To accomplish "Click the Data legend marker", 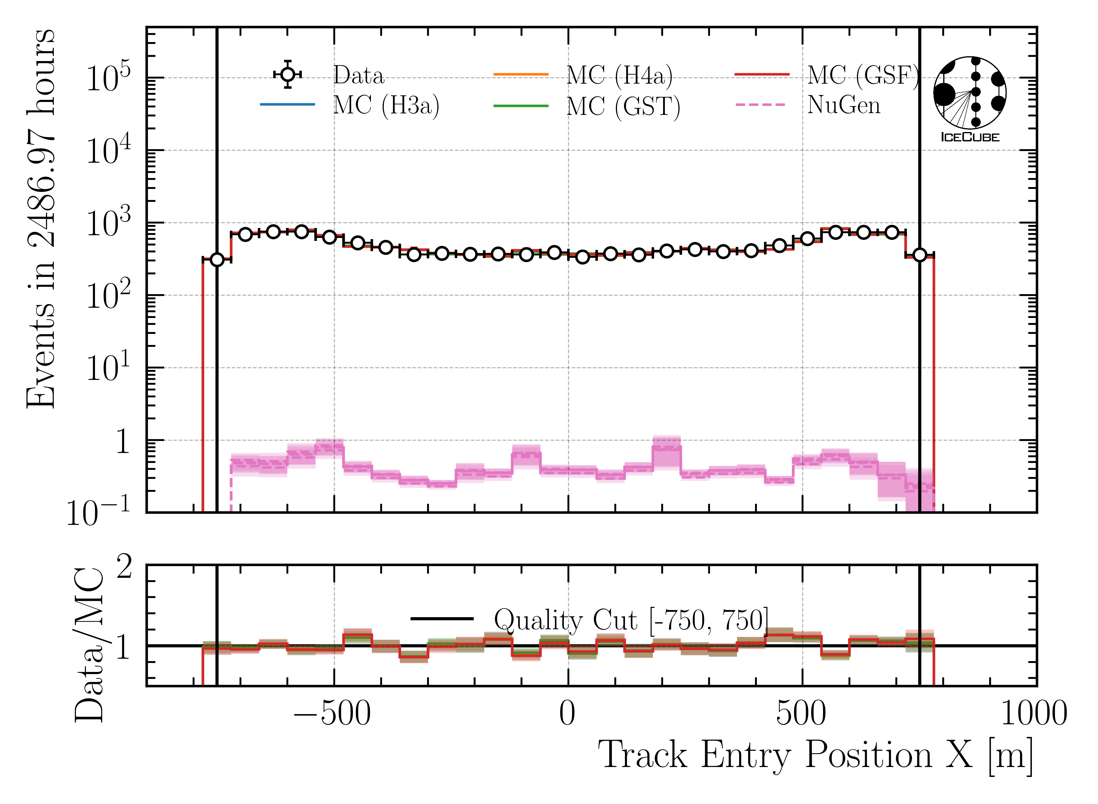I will tap(288, 75).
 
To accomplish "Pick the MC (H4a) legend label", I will tap(619, 75).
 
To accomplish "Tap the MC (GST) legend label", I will tap(623, 106).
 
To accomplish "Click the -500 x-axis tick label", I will tap(332, 714).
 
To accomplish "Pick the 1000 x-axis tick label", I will tap(1034, 714).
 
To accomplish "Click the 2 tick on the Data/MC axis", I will tap(124, 568).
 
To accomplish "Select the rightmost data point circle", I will tap(919, 254).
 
